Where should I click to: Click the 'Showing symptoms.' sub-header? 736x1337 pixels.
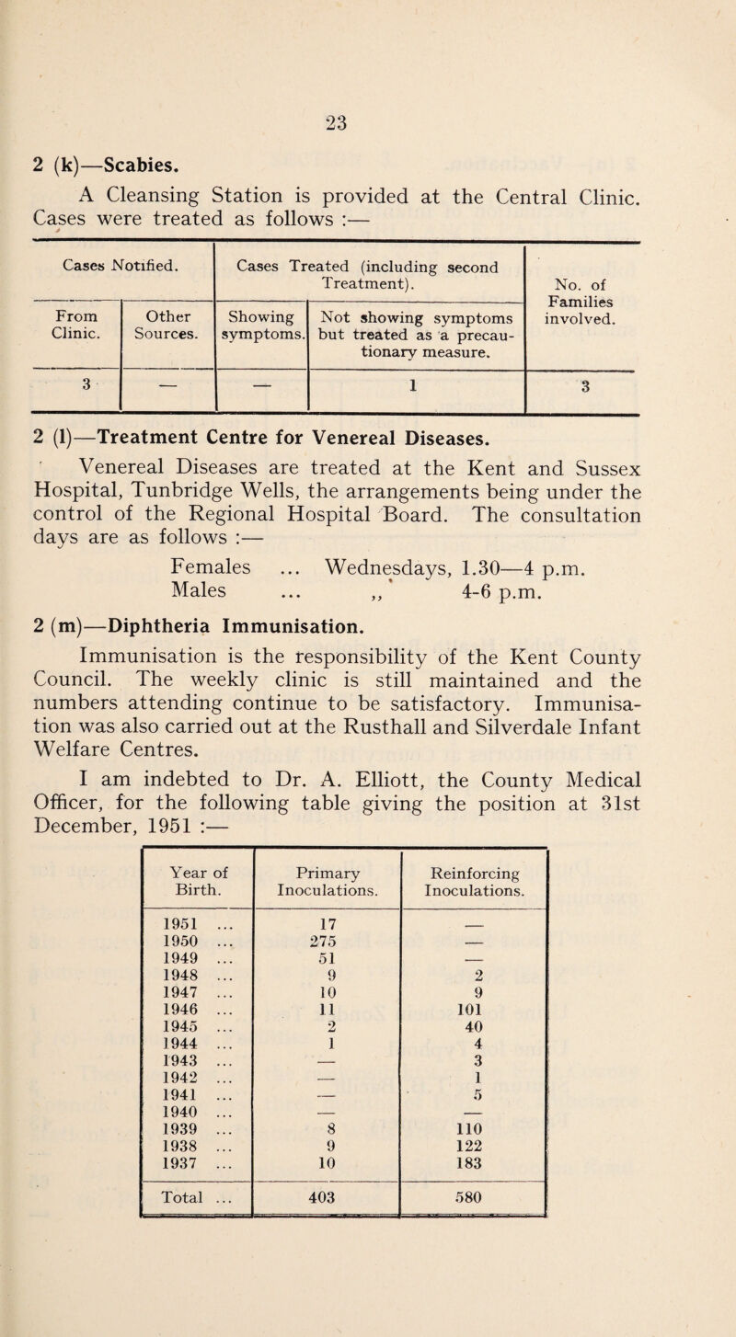(261, 323)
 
